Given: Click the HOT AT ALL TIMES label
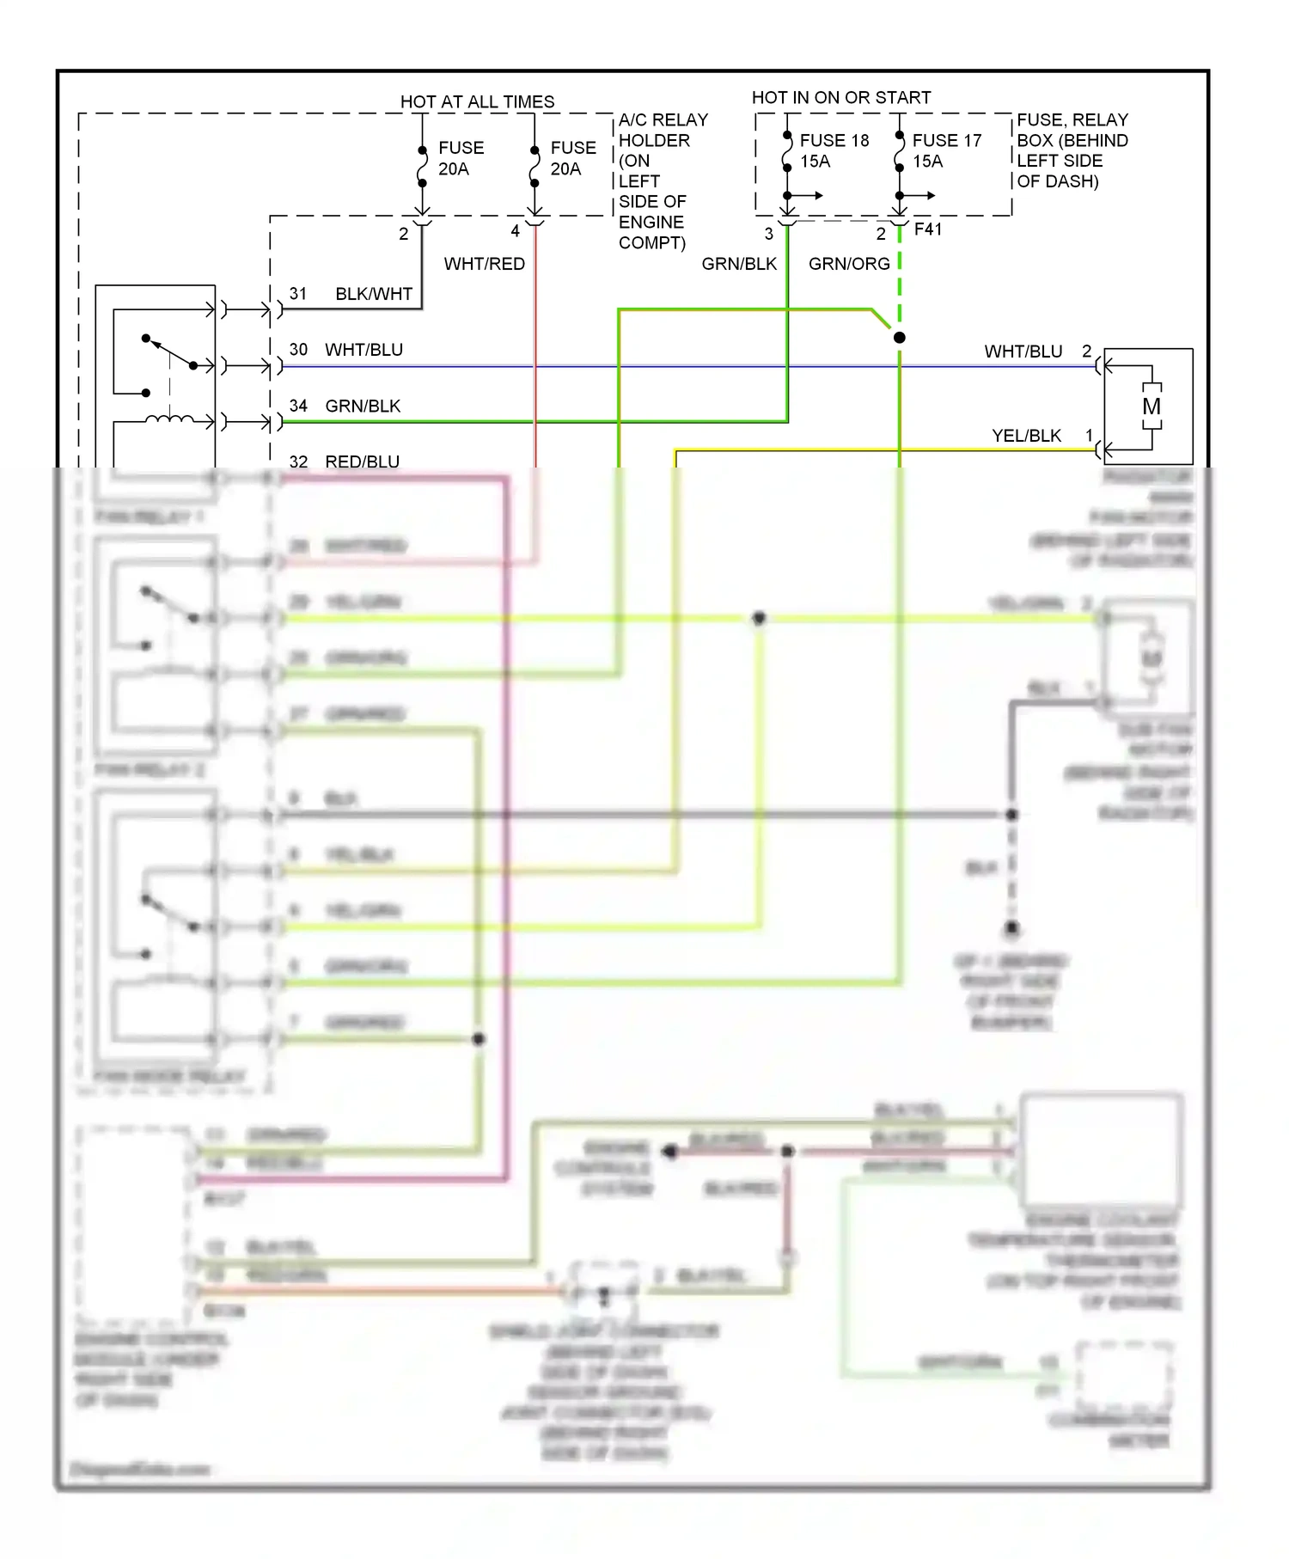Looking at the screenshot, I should pos(477,101).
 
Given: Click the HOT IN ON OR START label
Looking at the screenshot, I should pos(840,97).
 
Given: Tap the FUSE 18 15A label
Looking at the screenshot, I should pos(833,150).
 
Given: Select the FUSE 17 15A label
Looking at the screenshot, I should pos(945,150).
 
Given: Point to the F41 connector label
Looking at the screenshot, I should pos(928,229).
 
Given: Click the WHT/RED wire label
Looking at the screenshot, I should pos(484,264).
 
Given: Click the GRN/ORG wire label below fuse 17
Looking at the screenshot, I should pos(848,264).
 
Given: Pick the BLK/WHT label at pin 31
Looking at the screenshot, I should pos(374,294).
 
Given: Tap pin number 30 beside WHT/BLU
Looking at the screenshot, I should pos(298,350).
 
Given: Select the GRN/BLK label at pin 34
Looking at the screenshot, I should pos(363,406).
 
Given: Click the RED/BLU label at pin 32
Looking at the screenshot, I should pos(362,462).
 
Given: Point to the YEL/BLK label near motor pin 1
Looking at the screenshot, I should pos(1026,436).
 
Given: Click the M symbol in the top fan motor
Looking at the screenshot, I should pos(1151,407).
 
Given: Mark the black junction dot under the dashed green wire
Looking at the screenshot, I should pos(899,338).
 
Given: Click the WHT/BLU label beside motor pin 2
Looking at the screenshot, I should pos(1023,352).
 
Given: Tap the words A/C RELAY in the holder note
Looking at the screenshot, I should pos(663,119).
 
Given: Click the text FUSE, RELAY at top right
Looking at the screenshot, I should pos(1072,119).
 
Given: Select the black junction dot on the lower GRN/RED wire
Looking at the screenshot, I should pos(479,1039).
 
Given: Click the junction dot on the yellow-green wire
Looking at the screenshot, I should pos(759,618).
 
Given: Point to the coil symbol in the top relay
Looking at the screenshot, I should pos(169,419).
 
